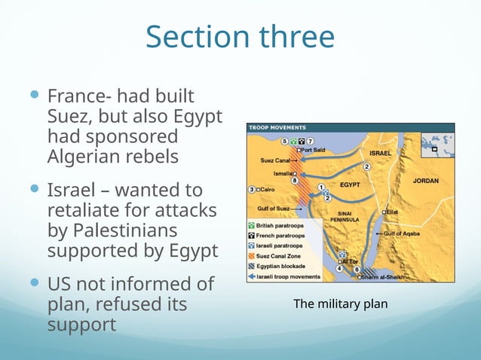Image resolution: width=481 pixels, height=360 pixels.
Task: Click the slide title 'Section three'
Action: pyautogui.click(x=240, y=36)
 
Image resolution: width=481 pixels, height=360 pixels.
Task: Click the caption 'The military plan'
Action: pyautogui.click(x=340, y=304)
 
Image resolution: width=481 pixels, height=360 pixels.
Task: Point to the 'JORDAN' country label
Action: pyautogui.click(x=425, y=181)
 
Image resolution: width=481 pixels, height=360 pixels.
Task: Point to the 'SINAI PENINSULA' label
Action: pyautogui.click(x=349, y=217)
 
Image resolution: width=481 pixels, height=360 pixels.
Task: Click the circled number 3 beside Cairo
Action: pyautogui.click(x=252, y=188)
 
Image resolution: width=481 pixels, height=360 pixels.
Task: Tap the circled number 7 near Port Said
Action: pyautogui.click(x=310, y=141)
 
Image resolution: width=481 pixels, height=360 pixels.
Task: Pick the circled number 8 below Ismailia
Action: pyautogui.click(x=295, y=182)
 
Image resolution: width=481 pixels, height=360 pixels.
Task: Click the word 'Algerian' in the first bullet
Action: pyautogui.click(x=80, y=157)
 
